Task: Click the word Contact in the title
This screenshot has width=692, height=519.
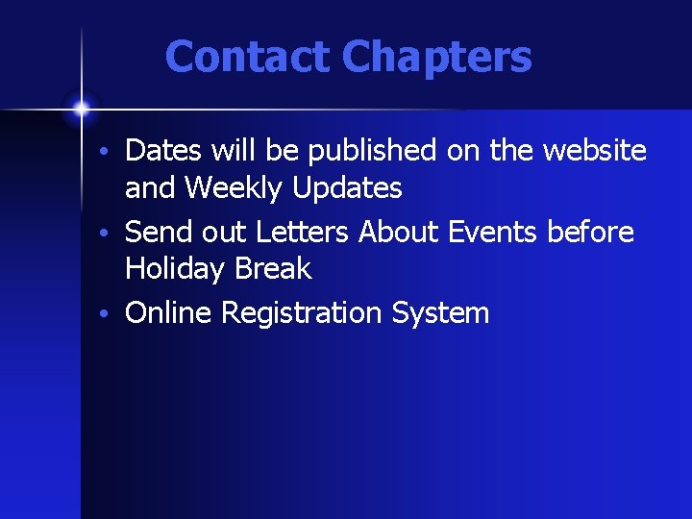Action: (x=248, y=57)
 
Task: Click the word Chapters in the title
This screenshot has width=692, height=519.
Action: (x=436, y=57)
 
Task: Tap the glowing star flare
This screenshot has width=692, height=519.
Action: (x=82, y=108)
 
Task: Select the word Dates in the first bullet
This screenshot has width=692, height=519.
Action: (x=161, y=151)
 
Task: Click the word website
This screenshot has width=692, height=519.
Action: (x=594, y=151)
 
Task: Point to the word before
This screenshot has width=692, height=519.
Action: (x=590, y=232)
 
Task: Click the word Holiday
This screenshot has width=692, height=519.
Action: (x=174, y=269)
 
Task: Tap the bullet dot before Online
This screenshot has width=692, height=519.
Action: (x=112, y=315)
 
